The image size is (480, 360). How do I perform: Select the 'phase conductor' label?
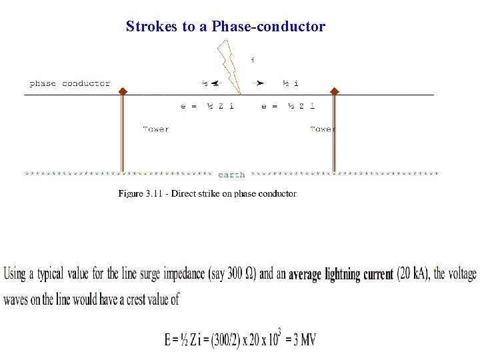70,83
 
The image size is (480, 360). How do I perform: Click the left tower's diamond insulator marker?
123,91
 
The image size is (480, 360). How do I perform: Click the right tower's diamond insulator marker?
334,91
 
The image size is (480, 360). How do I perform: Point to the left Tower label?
156,129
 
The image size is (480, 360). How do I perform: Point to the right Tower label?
322,129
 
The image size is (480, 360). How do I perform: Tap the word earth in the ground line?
231,175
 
